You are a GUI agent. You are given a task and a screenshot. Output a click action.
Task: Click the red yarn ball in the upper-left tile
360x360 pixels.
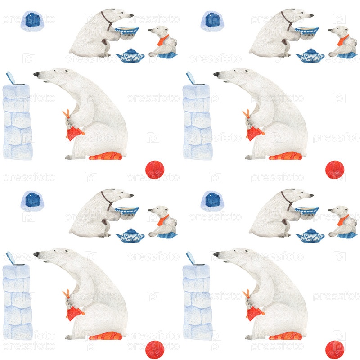click(x=155, y=170)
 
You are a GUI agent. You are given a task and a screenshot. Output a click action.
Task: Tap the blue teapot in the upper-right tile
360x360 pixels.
click(x=310, y=55)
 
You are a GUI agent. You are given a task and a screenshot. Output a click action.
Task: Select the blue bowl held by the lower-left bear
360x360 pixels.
click(x=127, y=211)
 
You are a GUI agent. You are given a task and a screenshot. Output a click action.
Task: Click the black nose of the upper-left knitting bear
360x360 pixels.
click(x=36, y=74)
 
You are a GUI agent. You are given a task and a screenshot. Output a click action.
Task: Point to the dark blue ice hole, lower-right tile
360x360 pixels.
click(x=213, y=200)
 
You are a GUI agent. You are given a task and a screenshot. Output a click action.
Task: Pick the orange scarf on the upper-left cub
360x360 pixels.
click(x=163, y=40)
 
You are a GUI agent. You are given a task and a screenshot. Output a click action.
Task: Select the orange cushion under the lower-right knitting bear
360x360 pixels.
click(x=285, y=336)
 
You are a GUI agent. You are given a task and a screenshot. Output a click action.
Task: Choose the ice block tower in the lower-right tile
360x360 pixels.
click(x=198, y=302)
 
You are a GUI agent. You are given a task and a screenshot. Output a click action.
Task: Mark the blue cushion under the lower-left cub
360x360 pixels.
click(x=167, y=235)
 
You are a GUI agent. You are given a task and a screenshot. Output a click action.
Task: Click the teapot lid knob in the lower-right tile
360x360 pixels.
click(x=310, y=229)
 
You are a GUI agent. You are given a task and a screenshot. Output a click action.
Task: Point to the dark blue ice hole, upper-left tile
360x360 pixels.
click(x=33, y=20)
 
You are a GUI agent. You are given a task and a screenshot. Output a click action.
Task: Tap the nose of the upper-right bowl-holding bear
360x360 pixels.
click(x=311, y=16)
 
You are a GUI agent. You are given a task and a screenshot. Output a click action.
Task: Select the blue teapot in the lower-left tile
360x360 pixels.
click(x=130, y=235)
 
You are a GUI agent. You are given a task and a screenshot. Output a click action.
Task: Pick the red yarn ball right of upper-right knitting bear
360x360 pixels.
click(x=335, y=170)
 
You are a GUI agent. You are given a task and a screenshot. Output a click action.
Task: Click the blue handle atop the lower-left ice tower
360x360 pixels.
click(x=11, y=258)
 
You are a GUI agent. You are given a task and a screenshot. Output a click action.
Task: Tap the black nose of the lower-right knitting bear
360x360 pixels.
click(x=216, y=254)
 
